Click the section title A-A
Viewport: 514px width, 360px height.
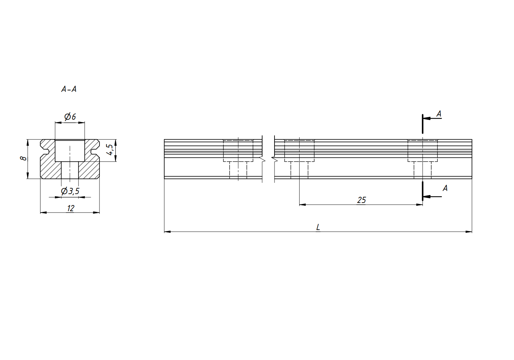coord(69,89)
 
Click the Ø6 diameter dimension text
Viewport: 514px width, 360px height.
coord(70,117)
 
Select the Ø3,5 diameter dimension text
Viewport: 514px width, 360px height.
coord(70,191)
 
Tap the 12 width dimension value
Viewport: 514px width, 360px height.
coord(71,208)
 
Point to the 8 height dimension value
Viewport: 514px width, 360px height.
coord(24,158)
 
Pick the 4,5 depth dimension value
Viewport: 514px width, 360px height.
coord(110,150)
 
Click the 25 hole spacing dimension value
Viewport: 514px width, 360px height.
coord(361,200)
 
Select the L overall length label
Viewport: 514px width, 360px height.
coord(318,227)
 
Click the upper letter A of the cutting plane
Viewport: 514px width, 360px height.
coord(439,113)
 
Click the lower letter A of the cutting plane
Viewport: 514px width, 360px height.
coord(445,188)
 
